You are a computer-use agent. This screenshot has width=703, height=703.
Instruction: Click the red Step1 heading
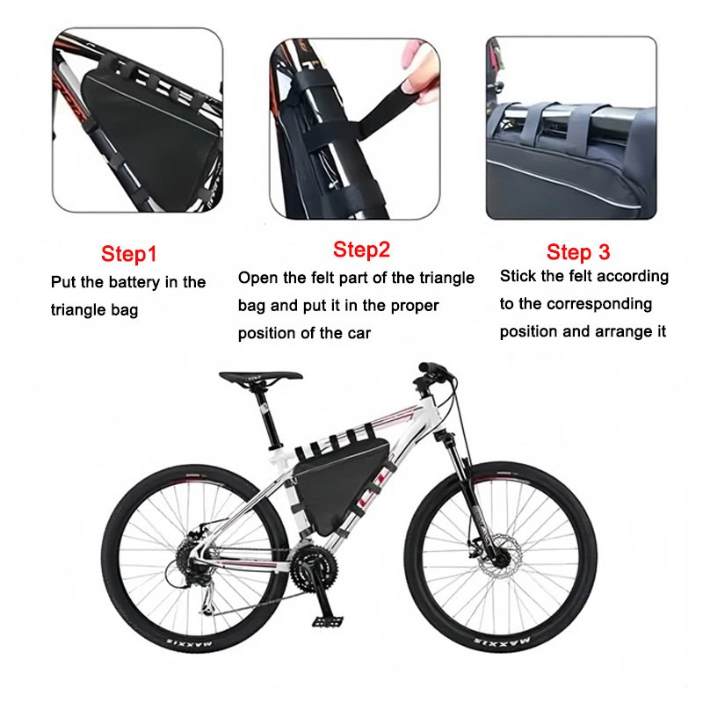tap(128, 254)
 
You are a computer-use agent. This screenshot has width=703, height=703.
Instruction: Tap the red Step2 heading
tap(361, 250)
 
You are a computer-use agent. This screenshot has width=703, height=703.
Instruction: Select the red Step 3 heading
tap(578, 252)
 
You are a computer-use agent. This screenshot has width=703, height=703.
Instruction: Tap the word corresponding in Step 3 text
tap(599, 304)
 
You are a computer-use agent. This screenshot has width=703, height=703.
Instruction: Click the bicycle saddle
tap(260, 377)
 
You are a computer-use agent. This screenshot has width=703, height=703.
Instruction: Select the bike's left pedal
tap(327, 621)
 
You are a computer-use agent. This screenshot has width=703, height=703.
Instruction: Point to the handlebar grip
tap(431, 368)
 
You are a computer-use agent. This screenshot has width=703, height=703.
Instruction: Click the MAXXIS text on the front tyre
tap(502, 640)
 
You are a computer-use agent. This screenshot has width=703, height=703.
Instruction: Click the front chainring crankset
tap(313, 567)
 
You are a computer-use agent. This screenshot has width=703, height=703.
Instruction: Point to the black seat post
tap(268, 417)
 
